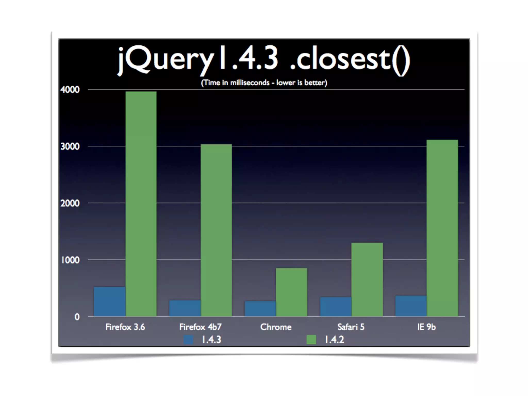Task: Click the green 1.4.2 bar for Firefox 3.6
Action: pos(141,204)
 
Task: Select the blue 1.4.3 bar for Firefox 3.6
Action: pos(110,301)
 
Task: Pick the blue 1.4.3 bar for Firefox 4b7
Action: pos(185,308)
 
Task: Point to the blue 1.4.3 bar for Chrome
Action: pos(260,309)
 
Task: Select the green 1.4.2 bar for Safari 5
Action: pos(367,279)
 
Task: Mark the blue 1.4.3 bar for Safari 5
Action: pos(336,307)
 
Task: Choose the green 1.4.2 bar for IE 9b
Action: pos(442,228)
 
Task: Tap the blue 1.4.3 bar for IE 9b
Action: pos(411,306)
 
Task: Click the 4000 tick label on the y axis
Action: pos(70,90)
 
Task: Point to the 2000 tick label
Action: pos(70,203)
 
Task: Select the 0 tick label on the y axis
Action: pos(77,317)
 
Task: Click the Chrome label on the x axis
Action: pos(276,327)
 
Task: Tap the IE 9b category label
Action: pos(426,327)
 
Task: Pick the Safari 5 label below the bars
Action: pos(351,327)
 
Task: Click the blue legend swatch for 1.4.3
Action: pos(188,340)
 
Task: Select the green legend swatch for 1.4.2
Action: pos(311,340)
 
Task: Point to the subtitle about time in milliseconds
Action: pos(264,83)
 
